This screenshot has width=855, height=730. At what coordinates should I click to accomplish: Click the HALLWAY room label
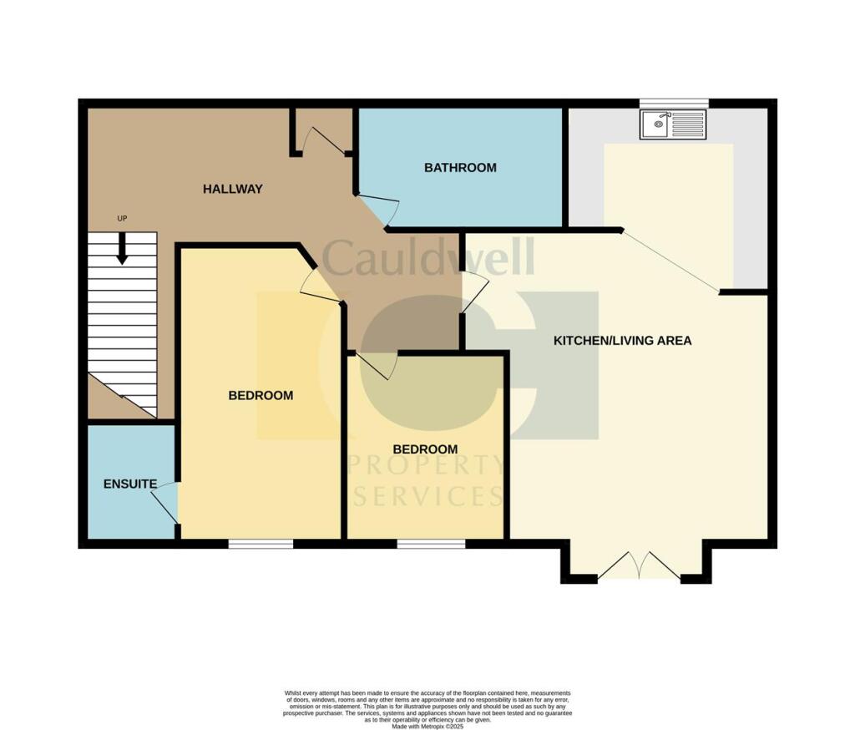coord(232,189)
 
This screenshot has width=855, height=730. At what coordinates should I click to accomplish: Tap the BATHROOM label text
coord(460,167)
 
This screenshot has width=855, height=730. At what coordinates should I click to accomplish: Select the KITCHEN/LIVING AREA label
coord(623,340)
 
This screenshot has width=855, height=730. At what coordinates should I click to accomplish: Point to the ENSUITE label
coord(130,484)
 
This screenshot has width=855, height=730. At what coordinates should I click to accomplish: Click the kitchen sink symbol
coord(673,125)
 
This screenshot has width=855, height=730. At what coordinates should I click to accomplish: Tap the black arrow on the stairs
coord(122,249)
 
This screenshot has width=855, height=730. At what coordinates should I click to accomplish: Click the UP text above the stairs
coord(122,219)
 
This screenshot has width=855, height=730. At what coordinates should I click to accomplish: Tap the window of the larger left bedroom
coord(261,544)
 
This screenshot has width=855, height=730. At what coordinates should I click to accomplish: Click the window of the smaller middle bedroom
coord(431,544)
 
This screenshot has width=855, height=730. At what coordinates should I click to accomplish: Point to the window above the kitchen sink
coord(674,104)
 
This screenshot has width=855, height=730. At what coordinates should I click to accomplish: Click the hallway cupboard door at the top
coord(324,141)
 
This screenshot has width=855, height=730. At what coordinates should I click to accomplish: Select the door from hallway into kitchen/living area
coord(475,292)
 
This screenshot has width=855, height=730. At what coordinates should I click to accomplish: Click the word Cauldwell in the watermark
coord(427,258)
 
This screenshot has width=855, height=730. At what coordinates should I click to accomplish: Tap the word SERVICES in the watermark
coord(428,496)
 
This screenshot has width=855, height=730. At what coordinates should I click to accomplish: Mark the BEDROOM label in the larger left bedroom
coord(261,395)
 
